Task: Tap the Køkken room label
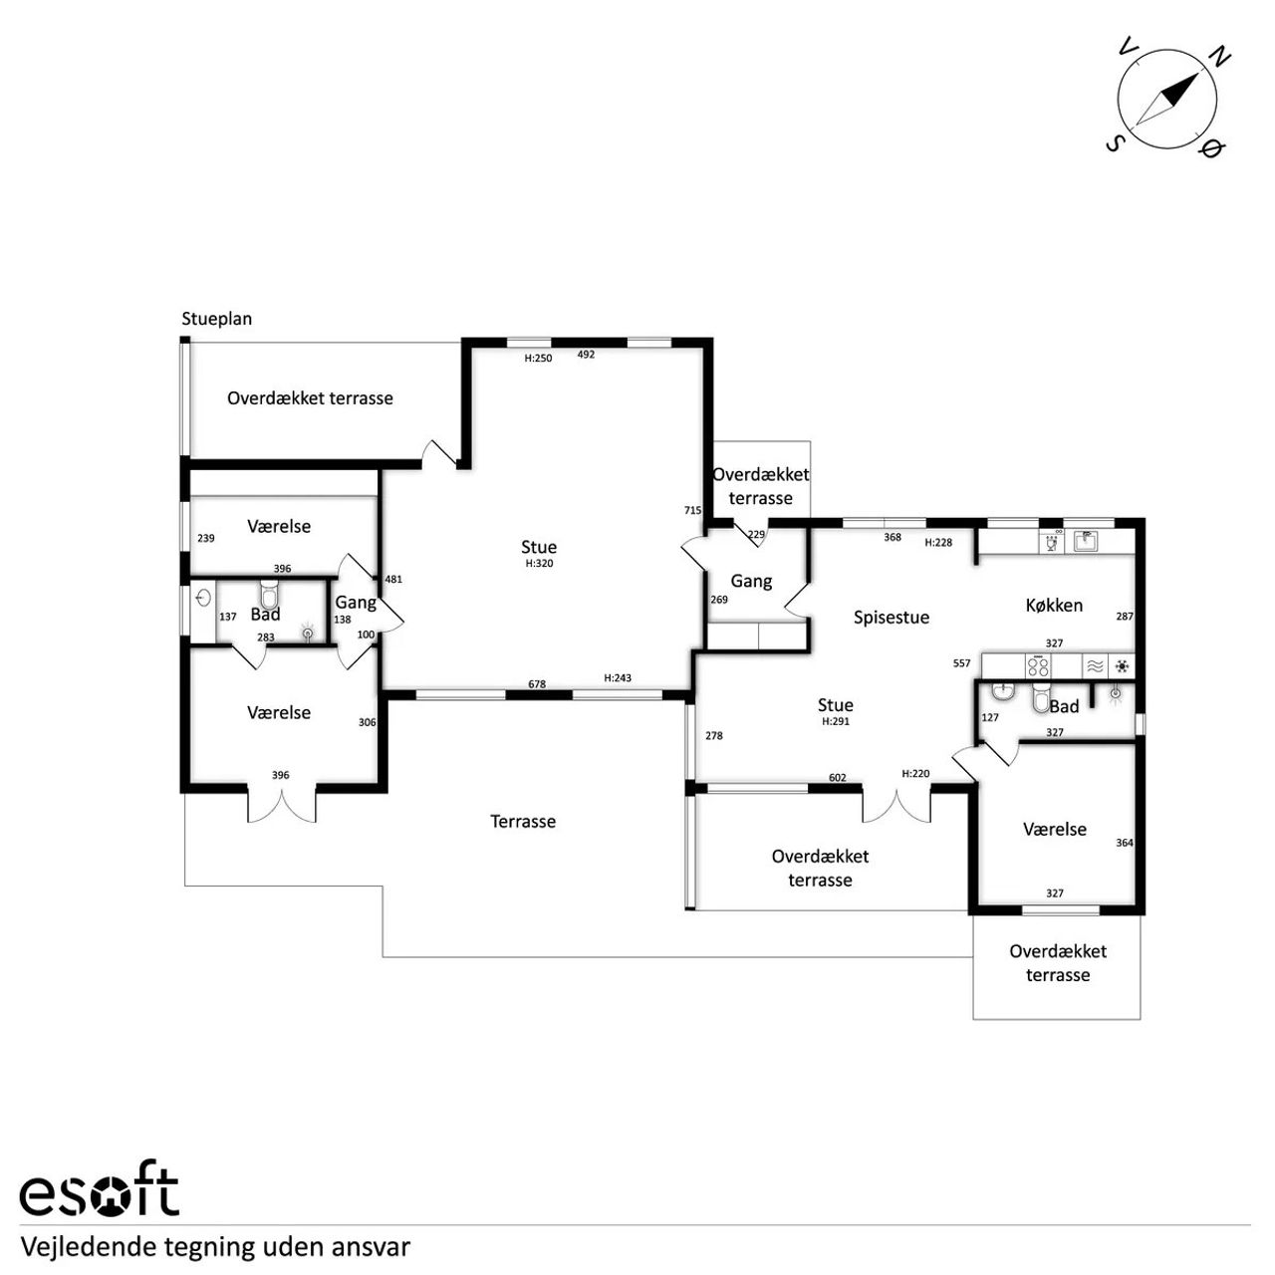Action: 1054,606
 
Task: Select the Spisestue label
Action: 892,618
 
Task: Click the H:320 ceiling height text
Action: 539,564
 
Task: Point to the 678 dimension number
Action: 537,684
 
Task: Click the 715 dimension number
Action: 692,510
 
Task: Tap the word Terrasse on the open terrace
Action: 523,822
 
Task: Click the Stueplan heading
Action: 217,319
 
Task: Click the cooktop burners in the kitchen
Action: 1037,665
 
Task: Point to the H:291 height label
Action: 836,722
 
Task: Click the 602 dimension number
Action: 838,778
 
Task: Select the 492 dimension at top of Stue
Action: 587,355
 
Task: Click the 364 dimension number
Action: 1125,843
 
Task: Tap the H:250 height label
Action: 538,359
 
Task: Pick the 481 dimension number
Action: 393,580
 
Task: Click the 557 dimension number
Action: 961,663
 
